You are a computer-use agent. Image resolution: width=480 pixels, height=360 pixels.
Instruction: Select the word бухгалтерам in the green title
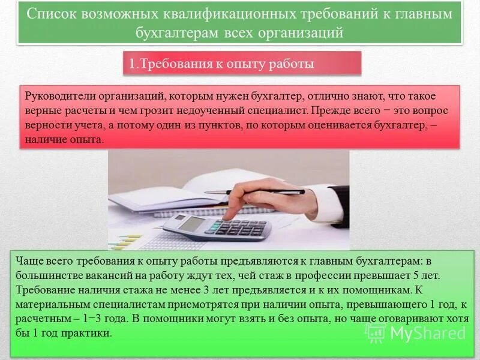(178, 32)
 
